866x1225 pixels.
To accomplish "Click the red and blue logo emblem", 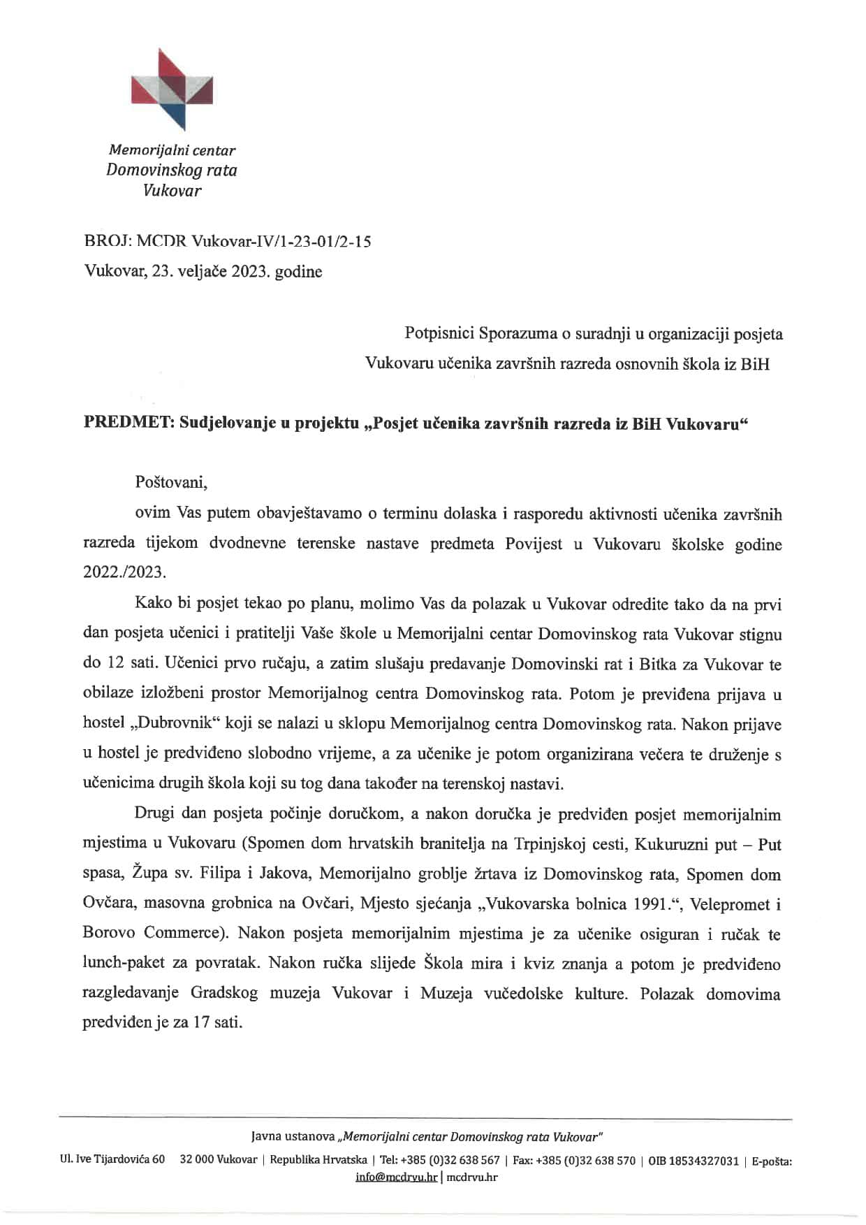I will point(172,89).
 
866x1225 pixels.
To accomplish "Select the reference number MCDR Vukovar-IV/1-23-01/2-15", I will point(254,242).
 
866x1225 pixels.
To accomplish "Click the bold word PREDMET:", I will point(129,423).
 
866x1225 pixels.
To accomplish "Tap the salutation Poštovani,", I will point(171,482).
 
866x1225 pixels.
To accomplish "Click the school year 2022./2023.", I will point(125,572).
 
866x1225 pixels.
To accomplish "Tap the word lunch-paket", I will point(122,964).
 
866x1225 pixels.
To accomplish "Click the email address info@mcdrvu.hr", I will point(397,1177).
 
